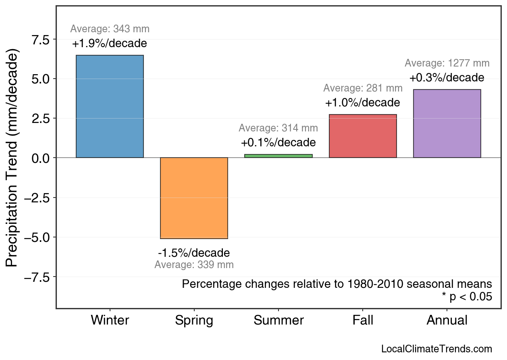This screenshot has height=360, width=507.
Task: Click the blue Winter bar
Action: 110,106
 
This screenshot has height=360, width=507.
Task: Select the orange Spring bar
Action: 194,198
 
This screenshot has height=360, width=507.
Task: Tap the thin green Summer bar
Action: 278,156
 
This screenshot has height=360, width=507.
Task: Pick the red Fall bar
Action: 363,136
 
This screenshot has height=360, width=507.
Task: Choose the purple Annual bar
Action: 447,123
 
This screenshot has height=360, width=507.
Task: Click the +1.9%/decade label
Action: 110,44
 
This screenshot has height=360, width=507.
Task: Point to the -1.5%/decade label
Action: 194,253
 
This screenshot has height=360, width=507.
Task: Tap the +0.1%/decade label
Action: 278,143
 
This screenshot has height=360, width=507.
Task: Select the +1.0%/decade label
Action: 363,103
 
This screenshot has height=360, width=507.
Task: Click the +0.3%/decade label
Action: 447,78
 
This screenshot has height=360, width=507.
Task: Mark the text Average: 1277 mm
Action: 447,63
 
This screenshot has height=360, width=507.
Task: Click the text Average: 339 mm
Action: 194,265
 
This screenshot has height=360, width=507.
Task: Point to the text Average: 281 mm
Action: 363,88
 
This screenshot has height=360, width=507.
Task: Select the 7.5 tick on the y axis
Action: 40,40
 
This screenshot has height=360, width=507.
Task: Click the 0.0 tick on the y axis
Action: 40,158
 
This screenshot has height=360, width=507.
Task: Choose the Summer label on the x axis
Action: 278,320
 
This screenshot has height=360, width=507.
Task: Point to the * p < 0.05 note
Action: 467,297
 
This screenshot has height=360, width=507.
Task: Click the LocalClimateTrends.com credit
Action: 436,349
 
